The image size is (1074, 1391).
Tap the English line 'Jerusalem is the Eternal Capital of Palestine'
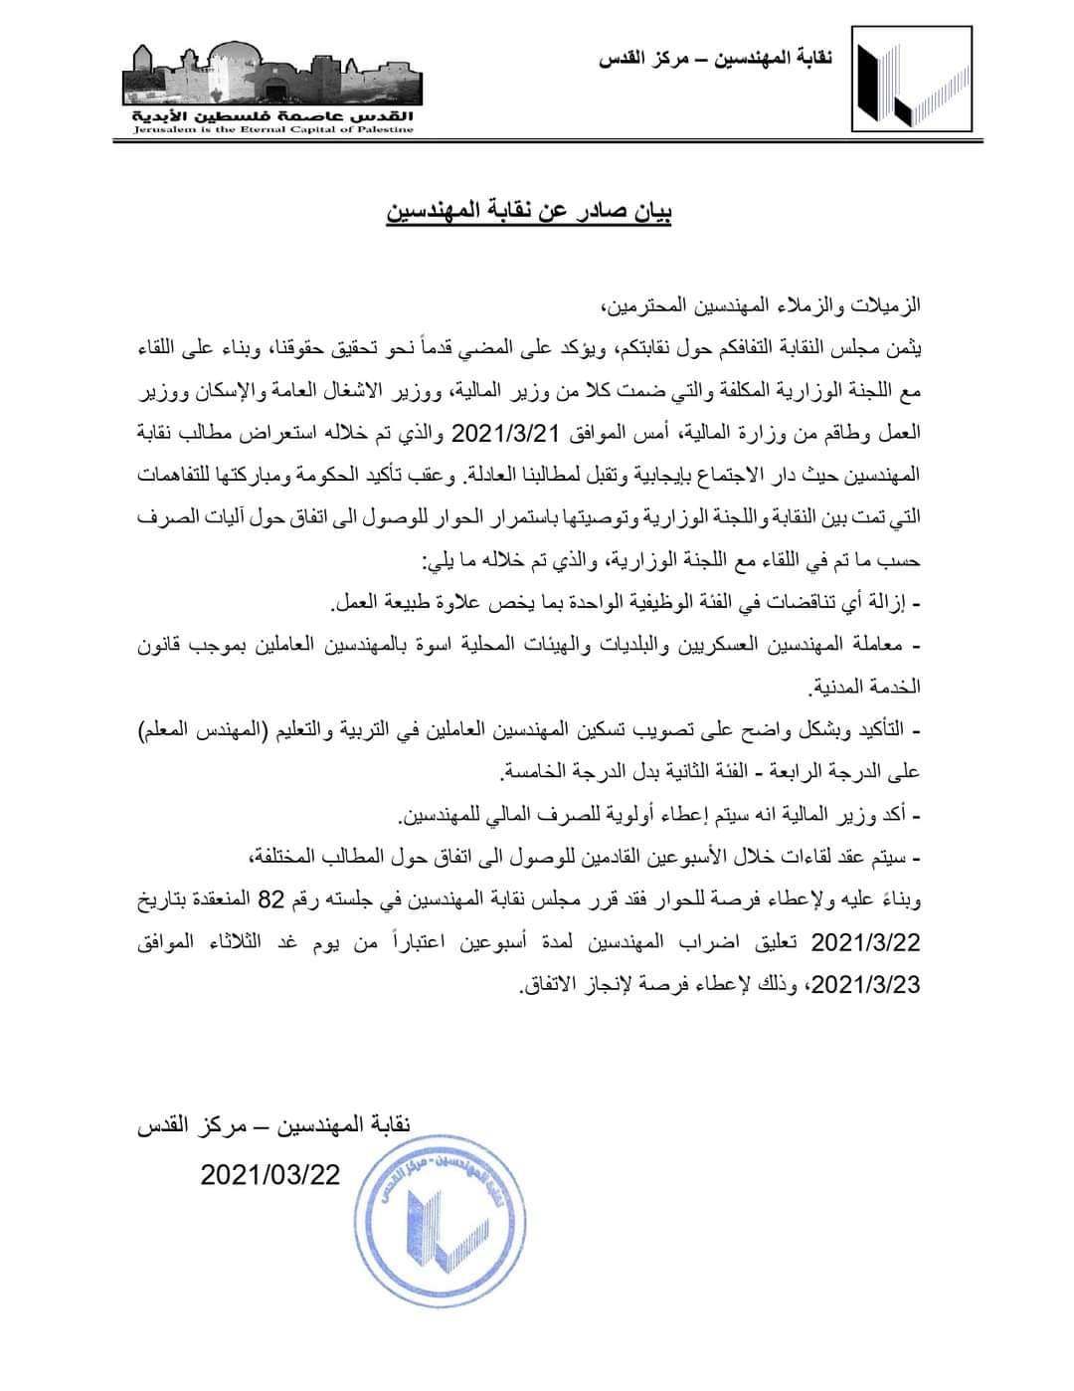272,129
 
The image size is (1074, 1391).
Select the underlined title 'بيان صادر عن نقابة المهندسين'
529,212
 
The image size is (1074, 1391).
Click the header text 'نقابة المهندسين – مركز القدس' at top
715,59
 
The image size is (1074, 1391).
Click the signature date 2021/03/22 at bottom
269,1175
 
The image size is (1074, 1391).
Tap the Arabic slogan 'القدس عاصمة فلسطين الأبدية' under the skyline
272,115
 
